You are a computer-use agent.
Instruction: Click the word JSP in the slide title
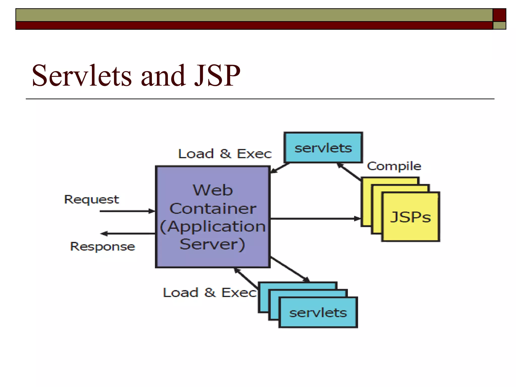tap(217, 76)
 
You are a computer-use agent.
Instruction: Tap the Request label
tap(91, 199)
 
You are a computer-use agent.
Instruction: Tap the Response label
tap(103, 246)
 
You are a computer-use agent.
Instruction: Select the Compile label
tap(394, 166)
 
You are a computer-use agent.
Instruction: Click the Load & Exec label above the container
tap(225, 154)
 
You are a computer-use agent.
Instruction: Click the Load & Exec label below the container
tap(209, 293)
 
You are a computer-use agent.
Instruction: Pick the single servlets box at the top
tap(323, 148)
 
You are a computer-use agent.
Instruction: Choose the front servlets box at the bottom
tap(318, 312)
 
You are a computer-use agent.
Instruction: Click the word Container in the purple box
tap(213, 209)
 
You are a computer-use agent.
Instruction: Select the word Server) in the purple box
tap(212, 244)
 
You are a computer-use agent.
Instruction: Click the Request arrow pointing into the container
tap(127, 211)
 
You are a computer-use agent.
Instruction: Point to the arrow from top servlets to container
tap(280, 168)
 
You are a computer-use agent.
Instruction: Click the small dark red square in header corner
tap(499, 15)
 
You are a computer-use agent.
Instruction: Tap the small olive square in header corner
tap(499, 25)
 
